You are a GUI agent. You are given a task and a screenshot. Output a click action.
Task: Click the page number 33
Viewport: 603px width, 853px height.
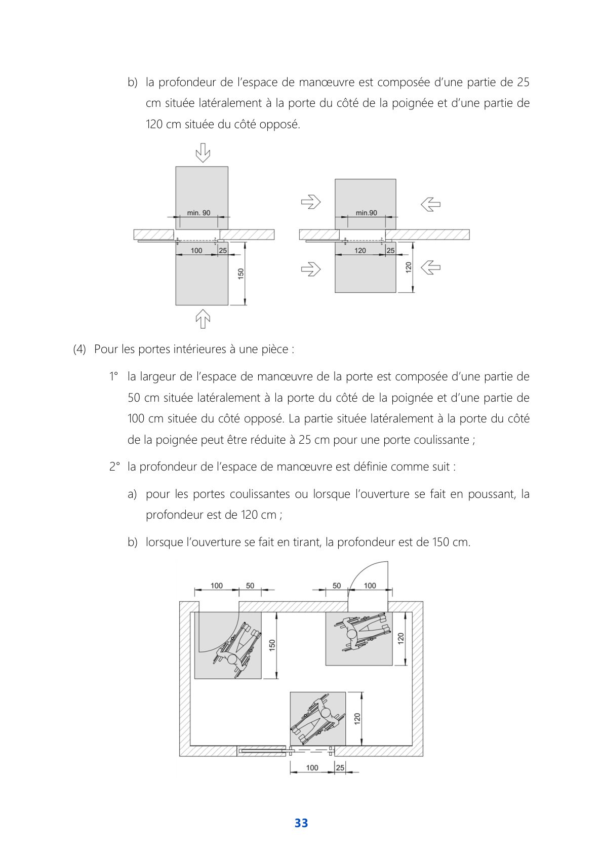(301, 823)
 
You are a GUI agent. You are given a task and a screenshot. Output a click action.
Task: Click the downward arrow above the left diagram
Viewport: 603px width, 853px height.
(203, 153)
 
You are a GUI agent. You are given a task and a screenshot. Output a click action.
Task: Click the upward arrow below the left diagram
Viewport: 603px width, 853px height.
(203, 319)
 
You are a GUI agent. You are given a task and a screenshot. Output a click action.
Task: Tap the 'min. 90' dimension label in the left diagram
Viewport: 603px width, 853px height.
(198, 213)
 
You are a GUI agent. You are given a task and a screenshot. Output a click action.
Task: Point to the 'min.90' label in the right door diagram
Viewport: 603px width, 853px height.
(366, 213)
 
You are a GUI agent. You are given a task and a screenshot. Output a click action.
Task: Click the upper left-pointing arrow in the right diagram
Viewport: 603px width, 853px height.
(430, 205)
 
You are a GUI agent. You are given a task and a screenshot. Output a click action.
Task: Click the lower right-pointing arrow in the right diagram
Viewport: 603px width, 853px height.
(311, 268)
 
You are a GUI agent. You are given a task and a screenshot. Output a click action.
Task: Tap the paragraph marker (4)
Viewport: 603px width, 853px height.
(79, 350)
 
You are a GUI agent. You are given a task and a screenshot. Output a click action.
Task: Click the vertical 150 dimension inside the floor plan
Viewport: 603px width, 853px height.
(272, 645)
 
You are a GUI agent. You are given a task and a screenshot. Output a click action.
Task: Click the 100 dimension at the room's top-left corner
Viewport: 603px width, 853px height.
(216, 586)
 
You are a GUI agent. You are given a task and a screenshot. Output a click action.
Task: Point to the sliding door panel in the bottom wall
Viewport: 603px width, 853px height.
(262, 751)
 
